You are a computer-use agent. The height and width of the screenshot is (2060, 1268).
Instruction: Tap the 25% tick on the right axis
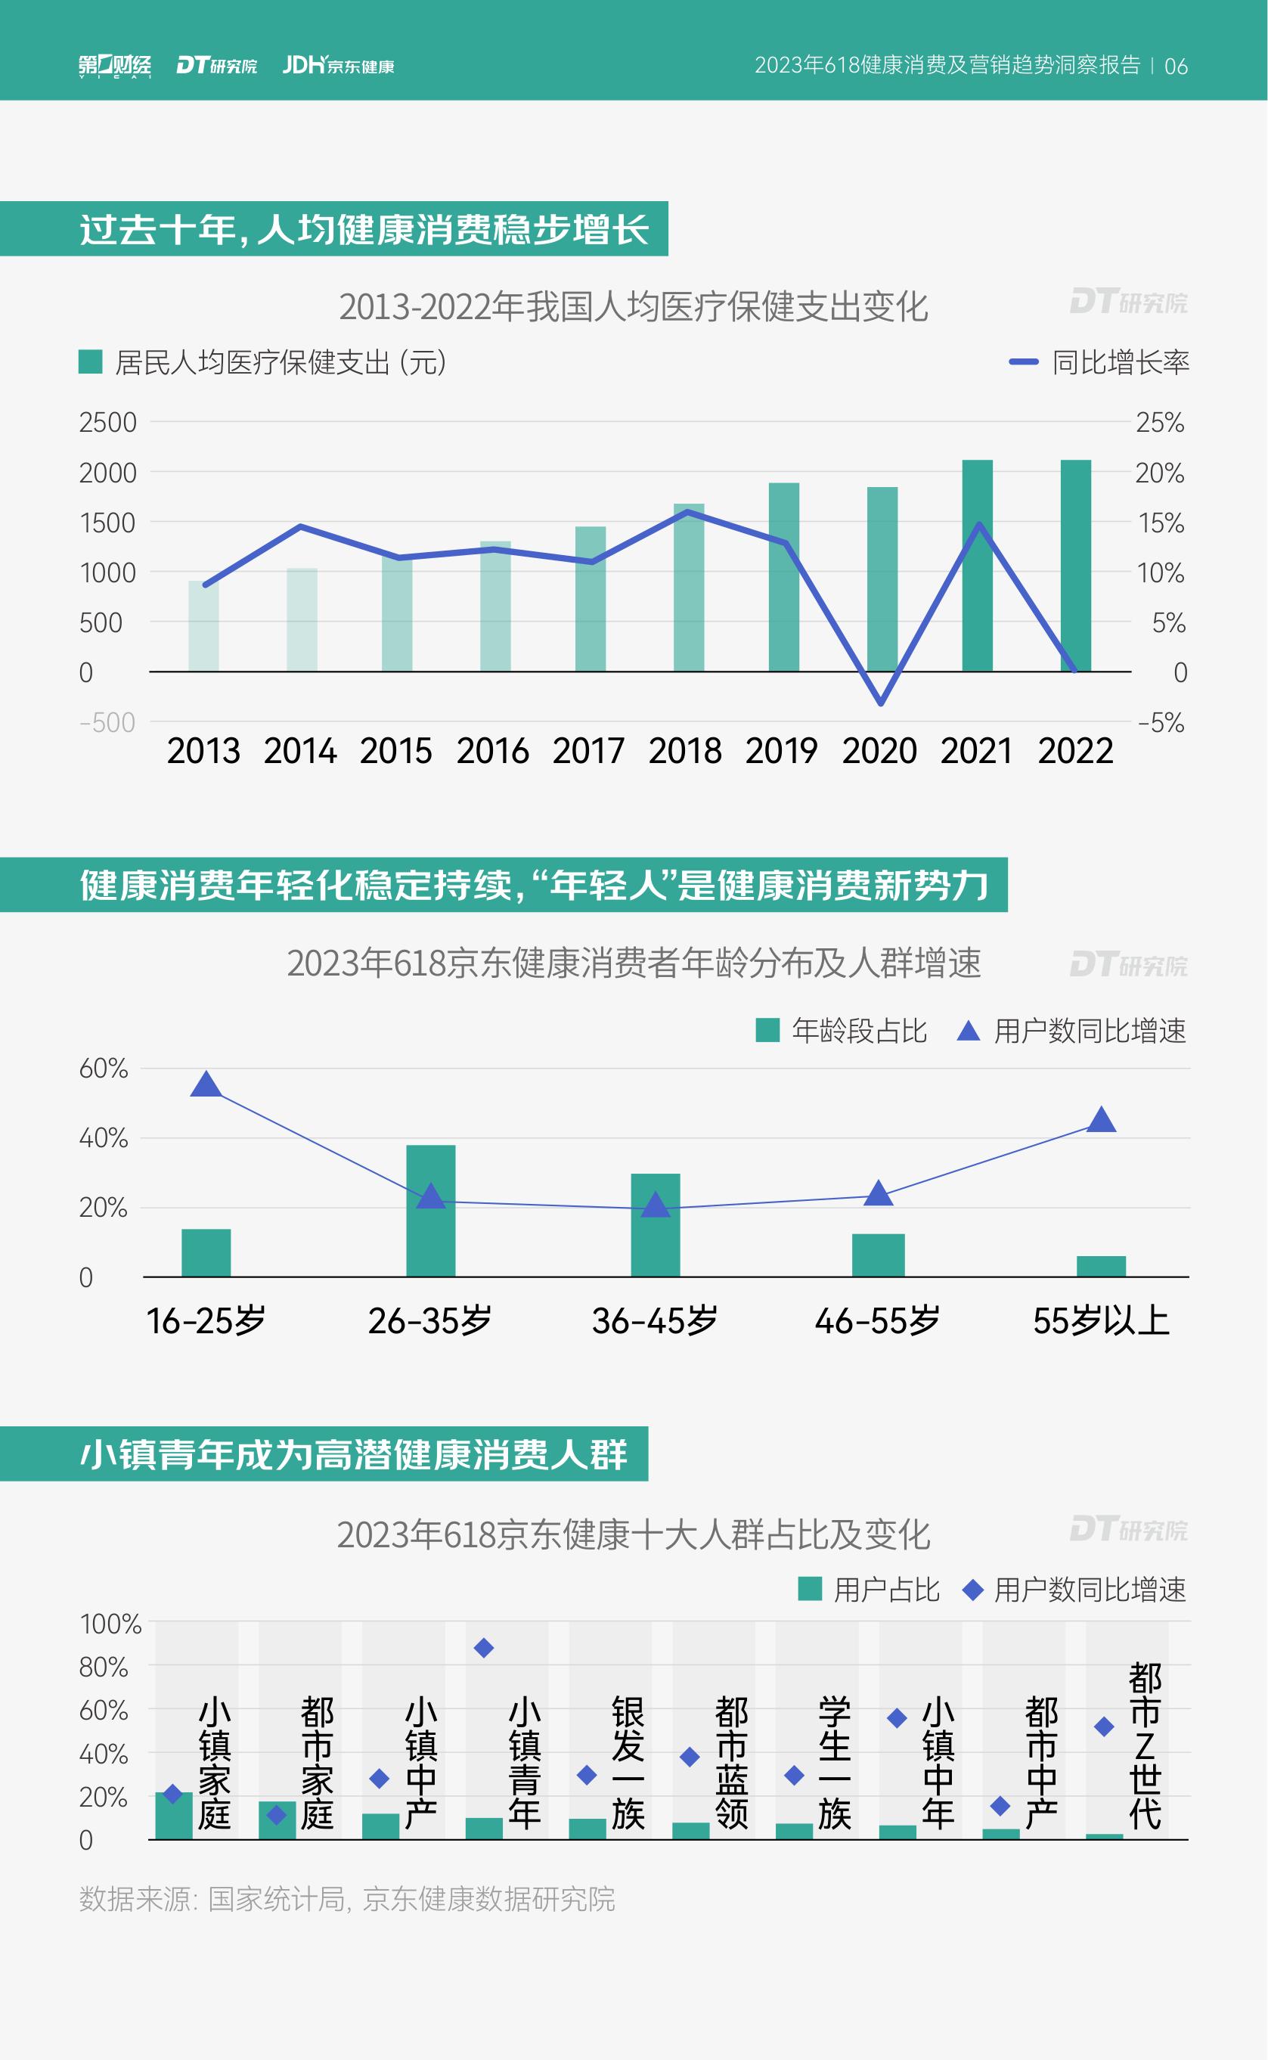[x=1160, y=423]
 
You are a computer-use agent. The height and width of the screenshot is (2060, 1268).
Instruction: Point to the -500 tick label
[x=107, y=722]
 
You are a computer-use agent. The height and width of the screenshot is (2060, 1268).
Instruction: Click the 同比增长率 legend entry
[x=1099, y=362]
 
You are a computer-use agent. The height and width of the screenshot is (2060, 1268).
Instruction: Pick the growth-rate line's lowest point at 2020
[x=881, y=703]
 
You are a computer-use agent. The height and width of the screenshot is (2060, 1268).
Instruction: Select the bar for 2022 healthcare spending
[x=1075, y=566]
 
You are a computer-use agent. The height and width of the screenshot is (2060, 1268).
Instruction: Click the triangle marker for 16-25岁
[x=206, y=1084]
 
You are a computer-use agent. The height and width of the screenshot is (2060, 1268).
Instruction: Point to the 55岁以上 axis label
[x=1100, y=1321]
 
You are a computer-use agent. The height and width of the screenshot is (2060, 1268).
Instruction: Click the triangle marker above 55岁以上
[x=1100, y=1120]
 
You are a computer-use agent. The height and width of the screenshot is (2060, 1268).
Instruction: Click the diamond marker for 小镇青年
[x=484, y=1648]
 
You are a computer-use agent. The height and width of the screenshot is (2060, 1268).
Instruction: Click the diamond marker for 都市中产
[x=1000, y=1806]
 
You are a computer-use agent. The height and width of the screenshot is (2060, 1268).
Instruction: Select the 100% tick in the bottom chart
[x=110, y=1624]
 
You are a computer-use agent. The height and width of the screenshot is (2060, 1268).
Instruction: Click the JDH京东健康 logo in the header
[x=338, y=66]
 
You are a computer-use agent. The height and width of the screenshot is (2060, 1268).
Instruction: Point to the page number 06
[x=1176, y=67]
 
